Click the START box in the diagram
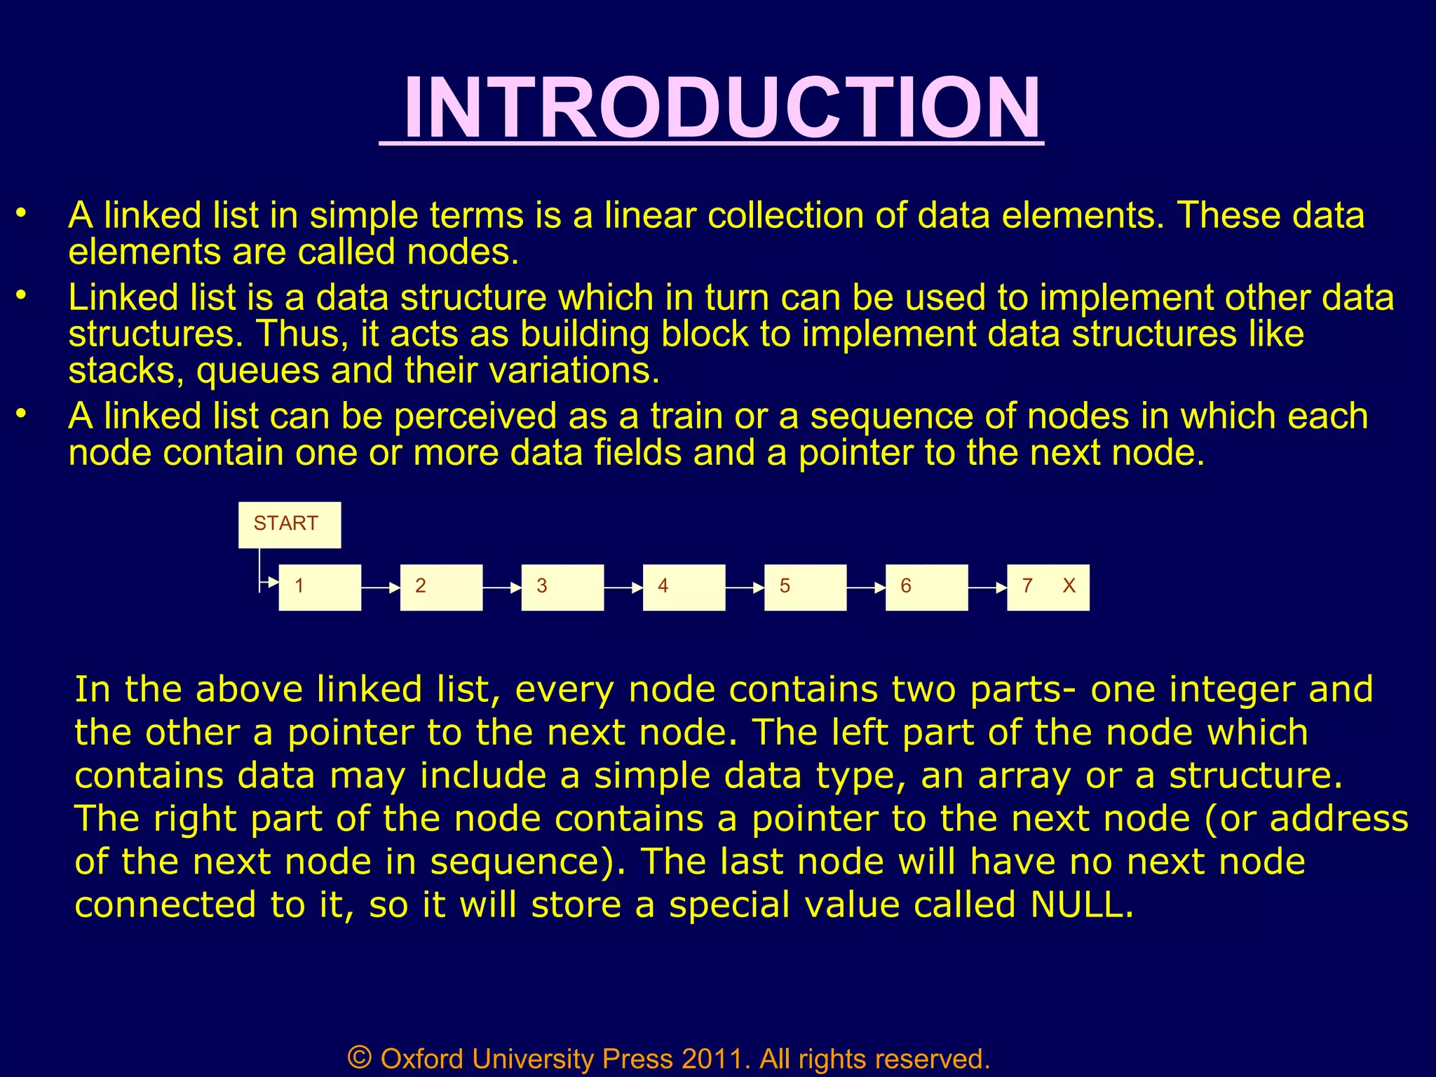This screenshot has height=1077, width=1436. point(290,524)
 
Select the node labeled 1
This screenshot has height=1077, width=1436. point(320,587)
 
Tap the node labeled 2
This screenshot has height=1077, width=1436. point(441,587)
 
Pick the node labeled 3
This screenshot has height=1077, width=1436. point(562,587)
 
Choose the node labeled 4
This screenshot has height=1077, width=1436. point(684,587)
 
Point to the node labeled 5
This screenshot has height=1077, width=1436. point(805,587)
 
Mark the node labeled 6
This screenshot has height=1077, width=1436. point(926,587)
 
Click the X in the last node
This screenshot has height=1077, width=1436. point(1069,586)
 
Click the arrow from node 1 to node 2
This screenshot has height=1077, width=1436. point(381,588)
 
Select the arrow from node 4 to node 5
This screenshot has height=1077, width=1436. point(745,588)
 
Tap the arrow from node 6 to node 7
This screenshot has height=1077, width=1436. point(987,588)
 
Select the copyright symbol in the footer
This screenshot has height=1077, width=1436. point(360,1057)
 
